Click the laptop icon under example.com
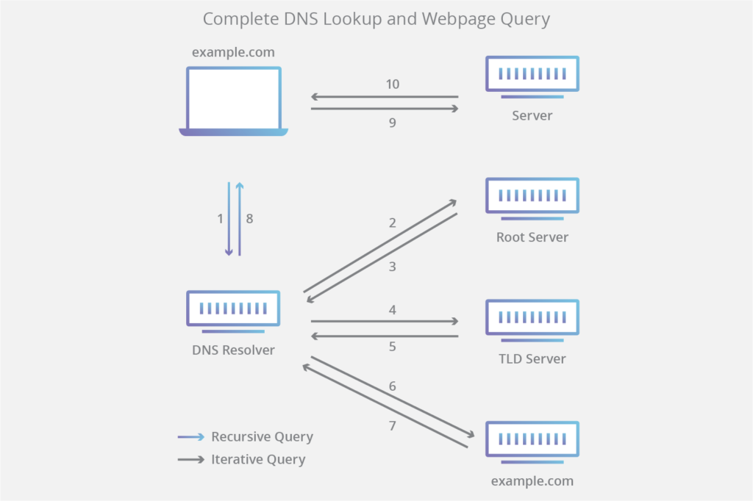coord(233,101)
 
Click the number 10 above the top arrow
coord(393,84)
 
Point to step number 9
coord(393,123)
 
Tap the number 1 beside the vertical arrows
coord(220,218)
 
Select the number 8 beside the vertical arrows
coord(250,218)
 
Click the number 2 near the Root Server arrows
coord(393,223)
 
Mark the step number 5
coord(393,346)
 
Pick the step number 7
coord(393,425)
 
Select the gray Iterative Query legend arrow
coord(191,460)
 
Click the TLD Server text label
coord(532,359)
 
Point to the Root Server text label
coord(532,237)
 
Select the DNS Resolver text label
coord(233,350)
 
